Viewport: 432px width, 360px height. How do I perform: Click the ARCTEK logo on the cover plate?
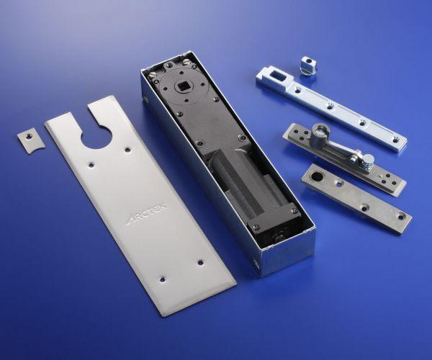pos(147,213)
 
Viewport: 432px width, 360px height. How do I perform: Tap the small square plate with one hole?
pos(30,140)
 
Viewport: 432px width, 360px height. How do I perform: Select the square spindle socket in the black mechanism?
pos(182,87)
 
